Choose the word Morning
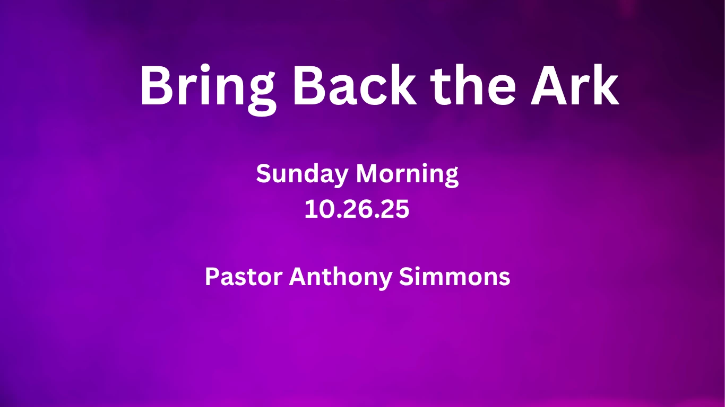(x=407, y=174)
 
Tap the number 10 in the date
(x=320, y=209)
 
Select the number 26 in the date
(x=357, y=209)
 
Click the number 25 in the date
(x=394, y=209)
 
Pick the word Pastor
(x=244, y=277)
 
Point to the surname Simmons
(x=454, y=277)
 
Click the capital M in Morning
(x=368, y=174)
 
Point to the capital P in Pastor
(x=212, y=277)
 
